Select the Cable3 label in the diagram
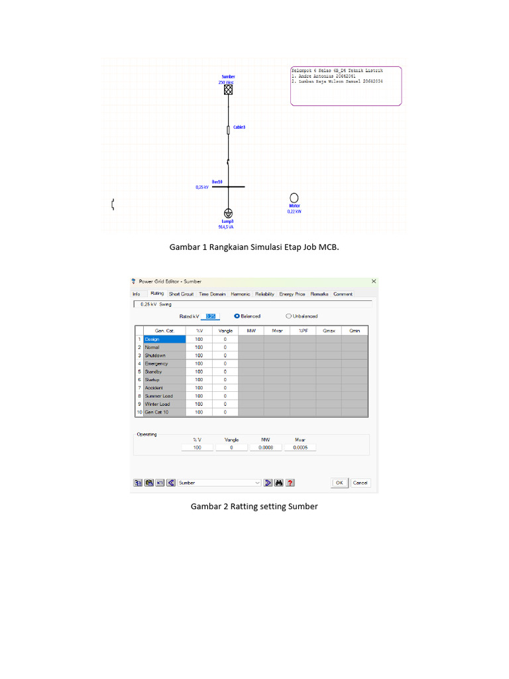click(239, 127)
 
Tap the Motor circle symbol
click(294, 198)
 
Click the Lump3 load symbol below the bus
click(227, 213)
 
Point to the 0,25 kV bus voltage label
click(202, 187)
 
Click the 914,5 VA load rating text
click(226, 227)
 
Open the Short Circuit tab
click(181, 294)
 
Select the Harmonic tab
click(241, 294)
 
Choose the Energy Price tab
click(292, 294)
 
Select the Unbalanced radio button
click(289, 316)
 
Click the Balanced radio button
click(237, 316)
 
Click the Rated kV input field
click(210, 316)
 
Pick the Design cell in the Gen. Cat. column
click(160, 339)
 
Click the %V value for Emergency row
click(199, 363)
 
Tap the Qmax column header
click(328, 330)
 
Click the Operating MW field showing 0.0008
click(265, 448)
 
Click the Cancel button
click(360, 483)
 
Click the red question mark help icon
click(290, 483)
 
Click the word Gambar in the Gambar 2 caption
click(205, 507)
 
